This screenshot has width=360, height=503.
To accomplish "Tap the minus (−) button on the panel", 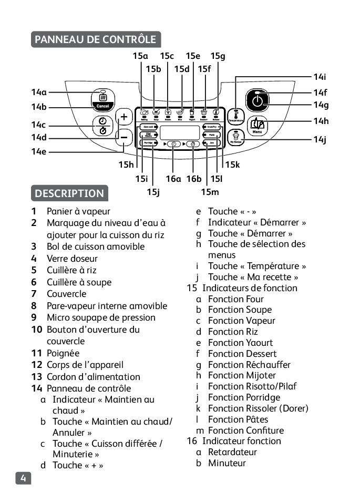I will click(125, 137).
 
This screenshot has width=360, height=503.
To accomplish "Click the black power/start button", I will click(257, 100).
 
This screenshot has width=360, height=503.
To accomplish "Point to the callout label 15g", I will click(218, 56).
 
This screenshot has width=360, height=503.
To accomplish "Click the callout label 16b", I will click(194, 179).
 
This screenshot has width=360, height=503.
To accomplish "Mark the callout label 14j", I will click(320, 139).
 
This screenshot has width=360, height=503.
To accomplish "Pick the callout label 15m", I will click(210, 192).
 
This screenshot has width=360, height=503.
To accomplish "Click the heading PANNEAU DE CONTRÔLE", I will click(96, 39).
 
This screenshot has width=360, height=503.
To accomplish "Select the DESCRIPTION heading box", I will click(69, 193).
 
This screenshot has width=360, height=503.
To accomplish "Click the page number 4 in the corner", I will click(23, 478).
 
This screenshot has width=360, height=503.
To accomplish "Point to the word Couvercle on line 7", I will click(66, 294).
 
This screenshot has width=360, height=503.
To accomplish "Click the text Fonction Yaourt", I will click(241, 343).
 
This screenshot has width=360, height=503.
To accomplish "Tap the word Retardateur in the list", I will click(232, 452).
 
